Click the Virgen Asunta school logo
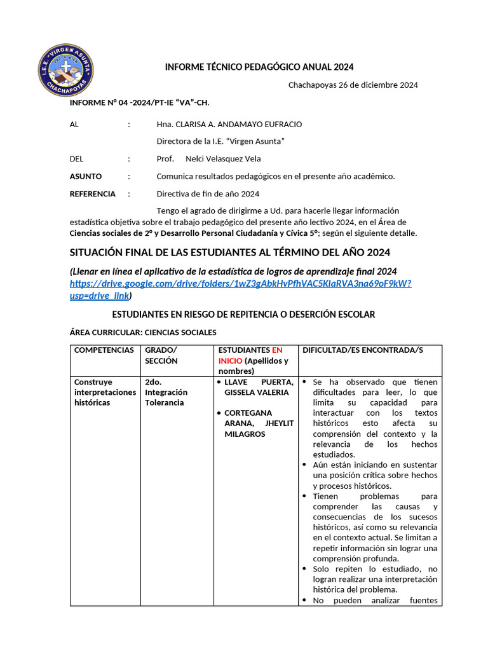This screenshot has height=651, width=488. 66,69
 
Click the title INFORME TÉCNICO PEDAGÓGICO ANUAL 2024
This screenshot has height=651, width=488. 259,67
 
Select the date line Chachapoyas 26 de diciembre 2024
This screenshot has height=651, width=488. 353,85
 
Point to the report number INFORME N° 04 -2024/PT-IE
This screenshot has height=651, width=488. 139,102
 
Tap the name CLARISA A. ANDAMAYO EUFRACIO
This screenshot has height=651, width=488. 229,125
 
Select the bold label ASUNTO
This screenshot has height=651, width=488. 85,176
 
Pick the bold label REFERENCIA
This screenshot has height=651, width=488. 92,194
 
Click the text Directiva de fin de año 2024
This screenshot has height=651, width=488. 208,194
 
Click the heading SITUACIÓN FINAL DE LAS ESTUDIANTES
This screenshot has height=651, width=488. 229,252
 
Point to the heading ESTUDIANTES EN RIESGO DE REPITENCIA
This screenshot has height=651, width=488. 243,315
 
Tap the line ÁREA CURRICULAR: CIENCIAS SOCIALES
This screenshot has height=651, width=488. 143,332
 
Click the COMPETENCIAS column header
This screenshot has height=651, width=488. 104,350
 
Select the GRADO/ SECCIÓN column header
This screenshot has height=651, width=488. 161,355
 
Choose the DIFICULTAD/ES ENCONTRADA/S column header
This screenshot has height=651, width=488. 362,350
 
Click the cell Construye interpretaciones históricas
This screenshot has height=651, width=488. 105,392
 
